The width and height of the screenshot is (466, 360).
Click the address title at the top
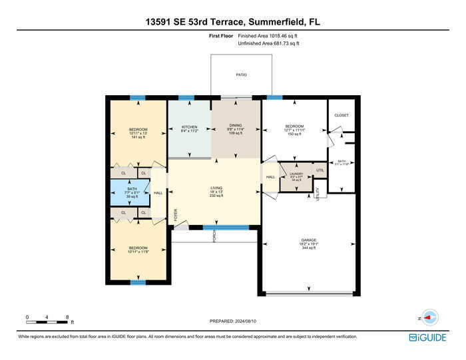pyautogui.click(x=232, y=22)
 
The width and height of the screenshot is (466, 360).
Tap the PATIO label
pyautogui.click(x=241, y=75)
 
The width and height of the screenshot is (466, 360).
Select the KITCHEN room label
pyautogui.click(x=190, y=126)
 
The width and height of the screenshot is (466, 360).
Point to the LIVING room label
pyautogui.click(x=214, y=188)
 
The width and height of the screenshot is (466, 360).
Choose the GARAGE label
pyautogui.click(x=308, y=239)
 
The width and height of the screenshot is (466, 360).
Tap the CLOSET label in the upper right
pyautogui.click(x=342, y=115)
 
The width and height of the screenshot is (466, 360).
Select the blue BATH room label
pyautogui.click(x=132, y=189)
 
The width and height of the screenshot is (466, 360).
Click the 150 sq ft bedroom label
pyautogui.click(x=294, y=126)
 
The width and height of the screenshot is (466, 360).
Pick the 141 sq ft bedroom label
pyautogui.click(x=138, y=129)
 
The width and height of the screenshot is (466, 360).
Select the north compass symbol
pyautogui.click(x=429, y=318)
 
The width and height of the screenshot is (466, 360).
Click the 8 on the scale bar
pyautogui.click(x=67, y=316)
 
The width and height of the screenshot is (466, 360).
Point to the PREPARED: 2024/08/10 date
pyautogui.click(x=232, y=321)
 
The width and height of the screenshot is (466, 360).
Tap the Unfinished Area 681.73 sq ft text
pyautogui.click(x=268, y=43)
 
